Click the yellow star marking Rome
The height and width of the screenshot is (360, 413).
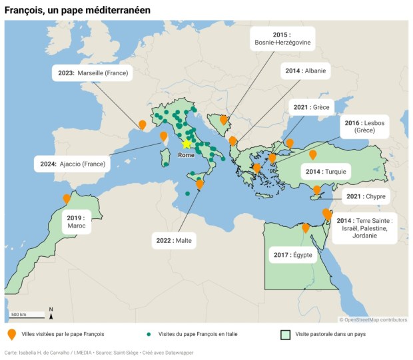[x=187, y=143]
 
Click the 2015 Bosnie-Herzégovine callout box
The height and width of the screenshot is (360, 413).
[x=282, y=39]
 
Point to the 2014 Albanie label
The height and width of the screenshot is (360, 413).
[x=306, y=71]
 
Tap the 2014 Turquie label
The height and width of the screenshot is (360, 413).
[x=326, y=172]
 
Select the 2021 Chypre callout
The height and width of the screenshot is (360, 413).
[x=366, y=197]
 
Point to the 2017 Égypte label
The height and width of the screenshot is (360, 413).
[x=292, y=254]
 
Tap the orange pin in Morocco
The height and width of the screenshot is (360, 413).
[x=67, y=199]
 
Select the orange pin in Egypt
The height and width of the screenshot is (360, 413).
[x=305, y=228]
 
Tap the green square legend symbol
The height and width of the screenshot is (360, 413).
[x=285, y=334]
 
